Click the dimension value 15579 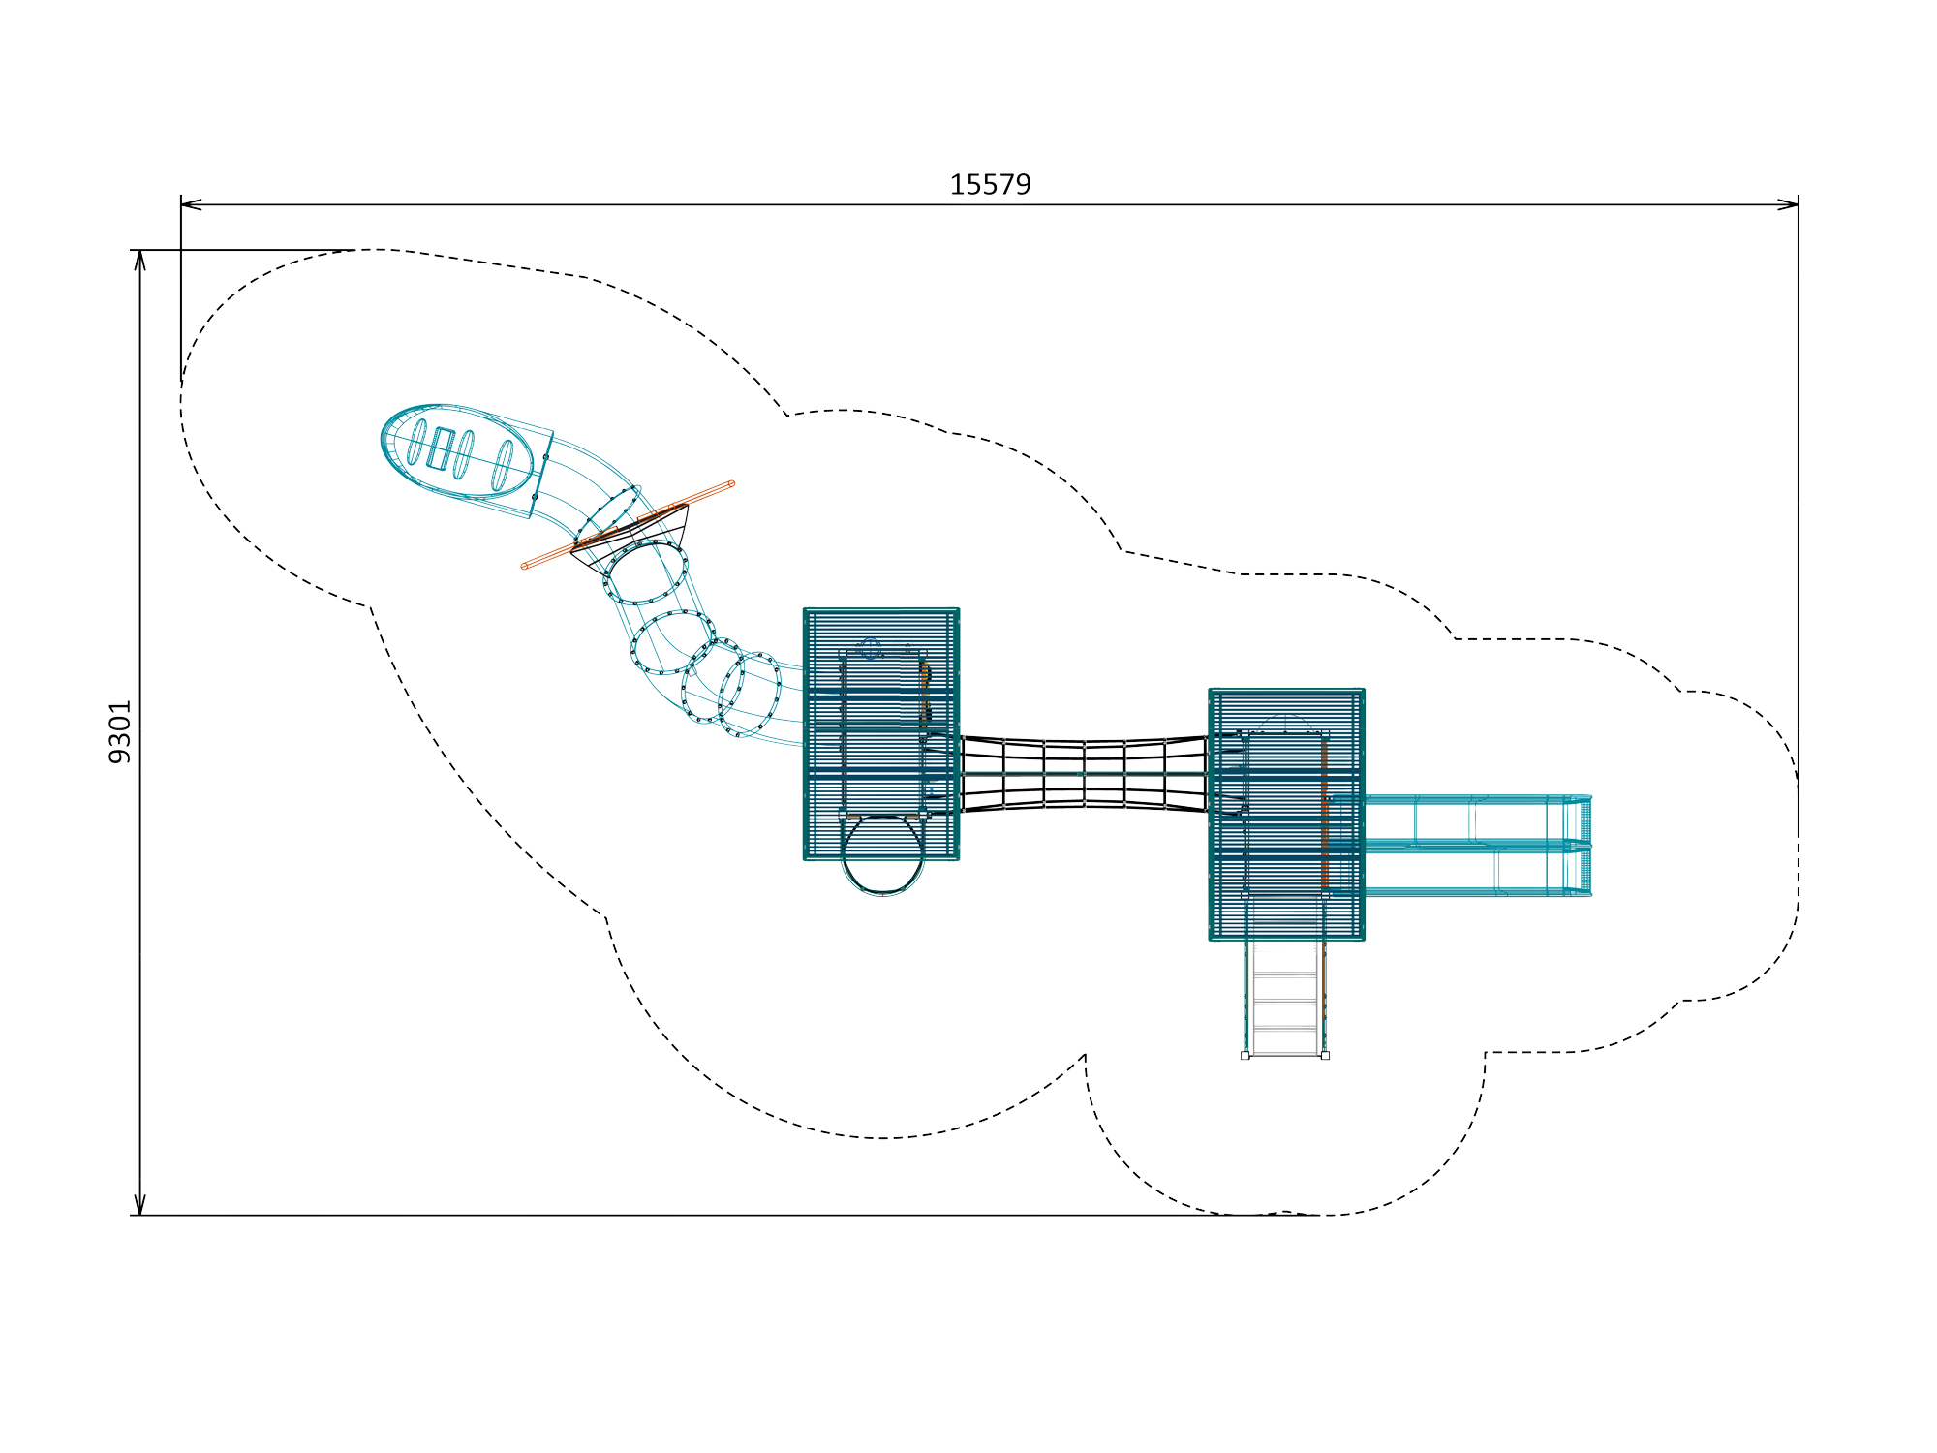pyautogui.click(x=990, y=184)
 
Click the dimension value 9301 pyautogui.click(x=119, y=732)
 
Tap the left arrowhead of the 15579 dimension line pyautogui.click(x=191, y=204)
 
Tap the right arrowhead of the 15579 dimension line pyautogui.click(x=1788, y=204)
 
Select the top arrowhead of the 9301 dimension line pyautogui.click(x=140, y=261)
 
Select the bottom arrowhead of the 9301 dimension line pyautogui.click(x=140, y=1204)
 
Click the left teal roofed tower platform pyautogui.click(x=881, y=734)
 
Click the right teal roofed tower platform pyautogui.click(x=1287, y=814)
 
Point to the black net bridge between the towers pyautogui.click(x=1084, y=773)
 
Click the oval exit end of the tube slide pyautogui.click(x=457, y=451)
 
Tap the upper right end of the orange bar pyautogui.click(x=731, y=483)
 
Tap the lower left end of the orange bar pyautogui.click(x=525, y=567)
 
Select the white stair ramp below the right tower pyautogui.click(x=1285, y=998)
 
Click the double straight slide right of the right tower pyautogui.click(x=1477, y=846)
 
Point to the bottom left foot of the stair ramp pyautogui.click(x=1245, y=1055)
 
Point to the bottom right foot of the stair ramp pyautogui.click(x=1325, y=1055)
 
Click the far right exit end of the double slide pyautogui.click(x=1585, y=846)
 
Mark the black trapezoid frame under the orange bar pyautogui.click(x=630, y=538)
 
